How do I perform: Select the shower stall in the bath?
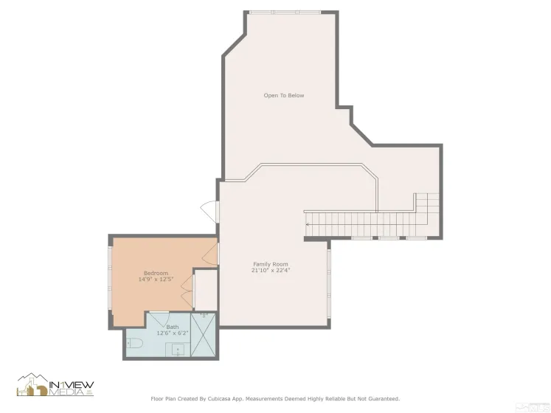pyautogui.click(x=204, y=336)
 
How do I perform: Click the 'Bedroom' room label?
pyautogui.click(x=156, y=274)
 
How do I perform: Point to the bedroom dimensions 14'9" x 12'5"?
pyautogui.click(x=156, y=280)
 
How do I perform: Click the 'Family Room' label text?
pyautogui.click(x=271, y=264)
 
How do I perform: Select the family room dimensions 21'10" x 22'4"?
pyautogui.click(x=271, y=270)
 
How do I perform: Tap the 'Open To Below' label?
pyautogui.click(x=284, y=96)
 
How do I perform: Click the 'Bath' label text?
pyautogui.click(x=172, y=327)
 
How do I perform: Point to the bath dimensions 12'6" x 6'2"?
pyautogui.click(x=172, y=333)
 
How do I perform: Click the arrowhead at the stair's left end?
pyautogui.click(x=308, y=223)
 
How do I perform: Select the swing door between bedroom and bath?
pyautogui.click(x=159, y=319)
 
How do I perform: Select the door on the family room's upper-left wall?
pyautogui.click(x=210, y=209)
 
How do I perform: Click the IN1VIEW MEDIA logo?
pyautogui.click(x=56, y=384)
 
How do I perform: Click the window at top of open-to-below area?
pyautogui.click(x=284, y=13)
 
